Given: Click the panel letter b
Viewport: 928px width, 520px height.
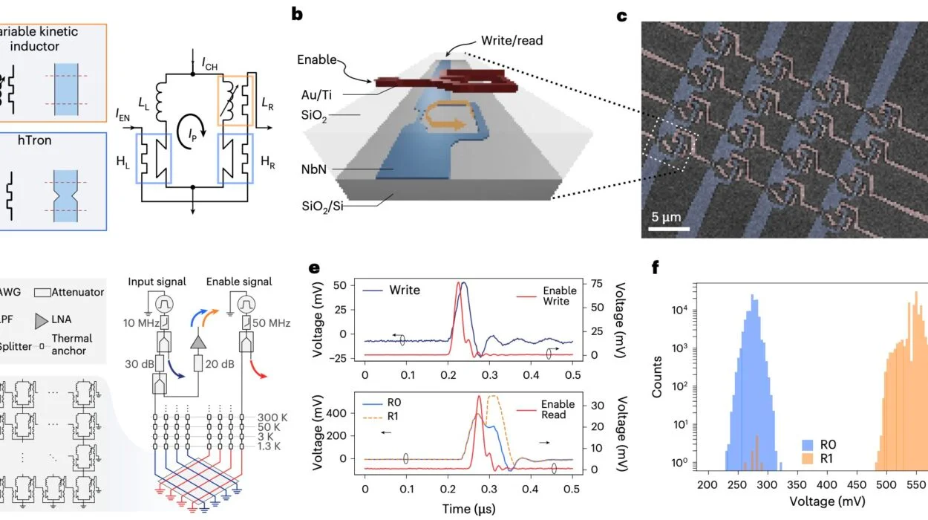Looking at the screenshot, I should point(297,13).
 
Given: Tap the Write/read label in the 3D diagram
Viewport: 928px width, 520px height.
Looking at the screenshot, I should point(512,40).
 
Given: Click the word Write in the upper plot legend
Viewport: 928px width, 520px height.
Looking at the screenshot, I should point(405,290).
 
